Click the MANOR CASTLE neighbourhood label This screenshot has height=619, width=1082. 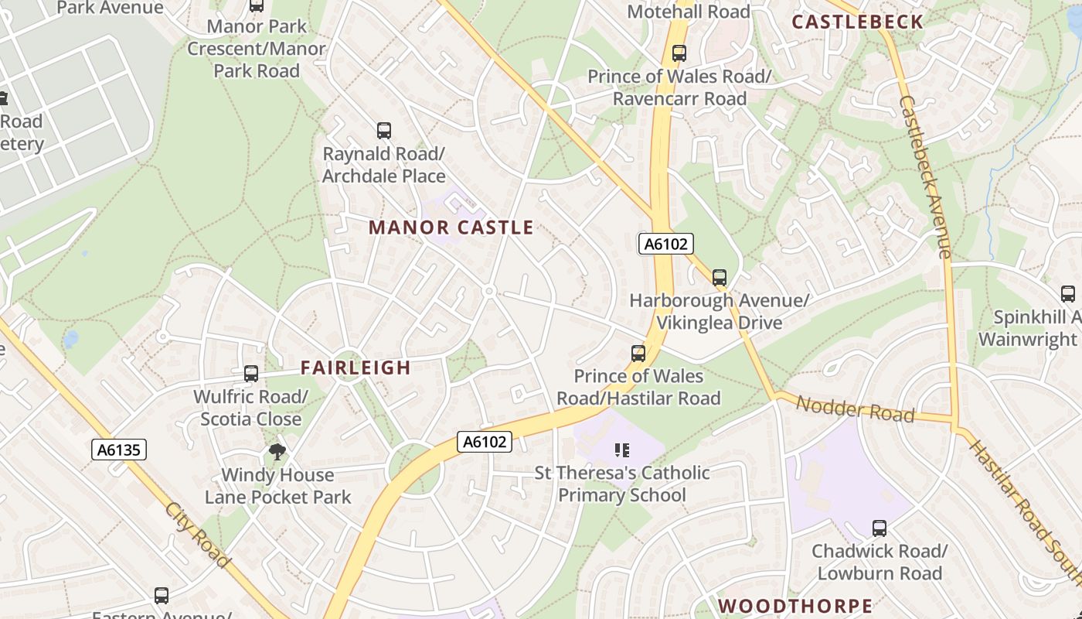tap(451, 227)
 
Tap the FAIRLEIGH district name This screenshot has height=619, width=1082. tap(356, 368)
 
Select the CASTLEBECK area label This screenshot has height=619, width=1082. tap(858, 22)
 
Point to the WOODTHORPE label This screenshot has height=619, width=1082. tap(795, 606)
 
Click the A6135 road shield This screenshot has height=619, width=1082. tap(119, 450)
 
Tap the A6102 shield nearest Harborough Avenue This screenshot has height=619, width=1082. tap(665, 244)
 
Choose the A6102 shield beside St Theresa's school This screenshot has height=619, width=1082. tap(485, 442)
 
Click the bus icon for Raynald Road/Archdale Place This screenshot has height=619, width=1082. tap(384, 131)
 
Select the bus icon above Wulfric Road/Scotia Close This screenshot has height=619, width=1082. tap(251, 374)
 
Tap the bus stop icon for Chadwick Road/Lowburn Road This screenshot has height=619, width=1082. tap(880, 528)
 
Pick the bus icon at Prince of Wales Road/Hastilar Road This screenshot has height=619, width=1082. tap(638, 354)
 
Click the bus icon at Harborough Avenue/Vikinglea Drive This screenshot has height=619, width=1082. tap(720, 277)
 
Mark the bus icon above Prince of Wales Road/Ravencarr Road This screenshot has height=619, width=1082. tap(679, 53)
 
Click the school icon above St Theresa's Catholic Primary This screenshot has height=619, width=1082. tap(622, 450)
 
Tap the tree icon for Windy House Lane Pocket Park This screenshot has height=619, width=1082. tap(277, 452)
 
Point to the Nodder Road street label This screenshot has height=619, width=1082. tap(855, 409)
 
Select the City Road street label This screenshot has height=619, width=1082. tap(198, 535)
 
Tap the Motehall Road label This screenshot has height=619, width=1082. tap(689, 12)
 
